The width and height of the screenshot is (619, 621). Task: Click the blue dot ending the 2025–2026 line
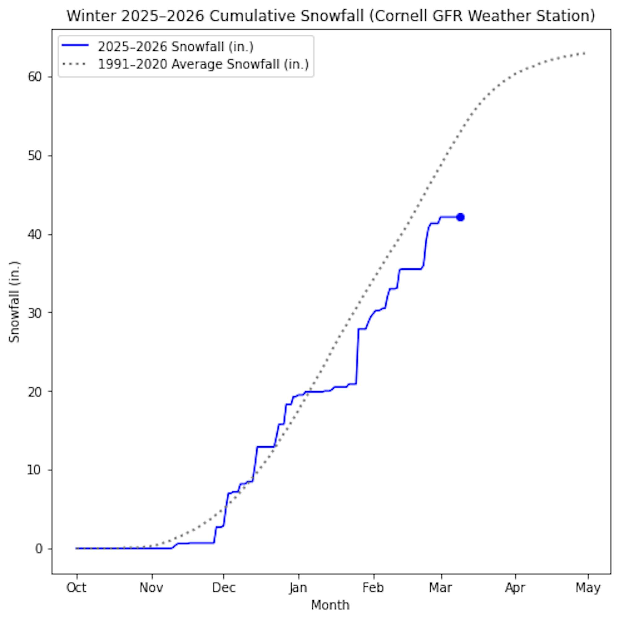click(461, 217)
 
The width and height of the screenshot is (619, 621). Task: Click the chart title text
click(331, 16)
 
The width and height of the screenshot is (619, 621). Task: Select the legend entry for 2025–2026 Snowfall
click(175, 47)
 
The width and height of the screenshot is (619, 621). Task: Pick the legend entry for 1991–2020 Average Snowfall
click(203, 64)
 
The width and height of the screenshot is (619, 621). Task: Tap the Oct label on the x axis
click(76, 588)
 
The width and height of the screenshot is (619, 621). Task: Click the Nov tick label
click(152, 588)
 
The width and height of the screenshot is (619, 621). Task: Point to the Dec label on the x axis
click(223, 588)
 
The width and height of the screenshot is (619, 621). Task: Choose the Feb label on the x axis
click(373, 588)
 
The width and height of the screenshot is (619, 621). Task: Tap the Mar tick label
click(441, 588)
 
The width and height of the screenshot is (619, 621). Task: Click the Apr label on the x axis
click(515, 588)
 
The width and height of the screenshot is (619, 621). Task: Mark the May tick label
click(588, 588)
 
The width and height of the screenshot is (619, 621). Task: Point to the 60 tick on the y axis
click(35, 77)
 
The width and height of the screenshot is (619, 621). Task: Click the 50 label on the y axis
click(35, 156)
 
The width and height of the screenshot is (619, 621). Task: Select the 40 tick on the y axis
click(35, 235)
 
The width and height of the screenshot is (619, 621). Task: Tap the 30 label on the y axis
click(35, 313)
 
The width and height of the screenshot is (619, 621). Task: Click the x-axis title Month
click(331, 606)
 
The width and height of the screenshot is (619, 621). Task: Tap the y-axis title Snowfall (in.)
click(15, 302)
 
